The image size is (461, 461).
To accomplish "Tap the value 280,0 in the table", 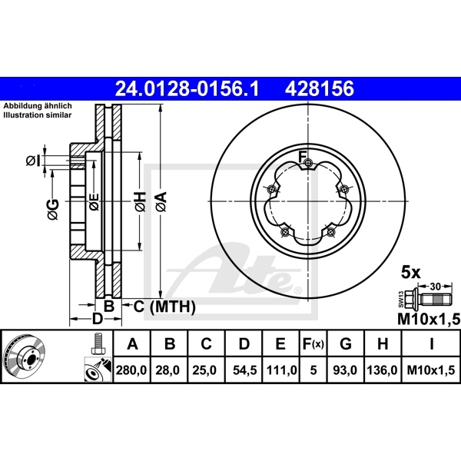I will (x=131, y=370).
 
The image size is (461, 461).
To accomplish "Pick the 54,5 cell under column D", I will (x=244, y=370).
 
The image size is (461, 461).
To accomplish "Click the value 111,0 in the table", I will (x=280, y=370).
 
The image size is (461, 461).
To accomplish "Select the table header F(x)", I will (x=313, y=343).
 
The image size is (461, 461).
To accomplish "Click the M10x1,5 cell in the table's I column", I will (x=430, y=370).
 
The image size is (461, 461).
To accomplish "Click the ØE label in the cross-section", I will (x=94, y=203).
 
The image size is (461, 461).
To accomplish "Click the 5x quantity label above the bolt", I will (x=411, y=272).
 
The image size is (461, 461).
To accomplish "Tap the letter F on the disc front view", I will (x=303, y=158).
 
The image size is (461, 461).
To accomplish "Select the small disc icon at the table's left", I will (x=25, y=357).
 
